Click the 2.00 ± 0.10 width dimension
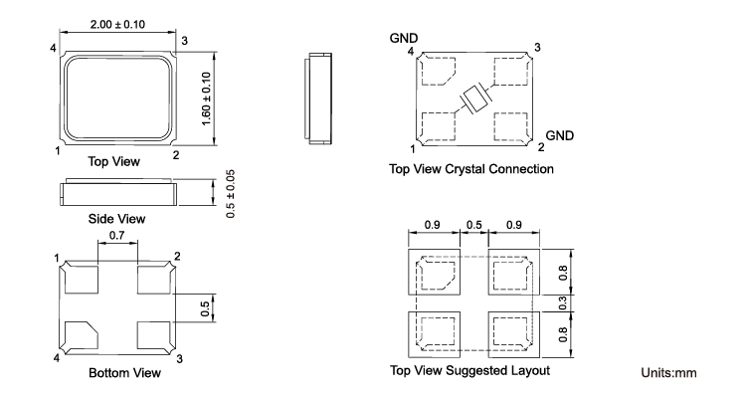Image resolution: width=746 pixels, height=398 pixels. coord(117,24)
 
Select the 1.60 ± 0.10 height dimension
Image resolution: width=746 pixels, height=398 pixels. coord(206,99)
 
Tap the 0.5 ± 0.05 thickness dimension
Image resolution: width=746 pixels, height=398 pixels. coord(231,194)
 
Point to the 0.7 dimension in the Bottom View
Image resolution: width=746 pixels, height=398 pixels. coord(116,235)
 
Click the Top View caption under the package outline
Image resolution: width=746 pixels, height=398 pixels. coord(113,161)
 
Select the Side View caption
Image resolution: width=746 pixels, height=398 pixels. coord(116,219)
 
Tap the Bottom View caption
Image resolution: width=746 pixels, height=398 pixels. coord(124,372)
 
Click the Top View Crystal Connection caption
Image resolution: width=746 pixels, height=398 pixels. coord(471,169)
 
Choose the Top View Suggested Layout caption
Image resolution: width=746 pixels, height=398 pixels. coord(469,370)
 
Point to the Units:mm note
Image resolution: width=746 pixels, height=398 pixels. coord(668,372)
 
